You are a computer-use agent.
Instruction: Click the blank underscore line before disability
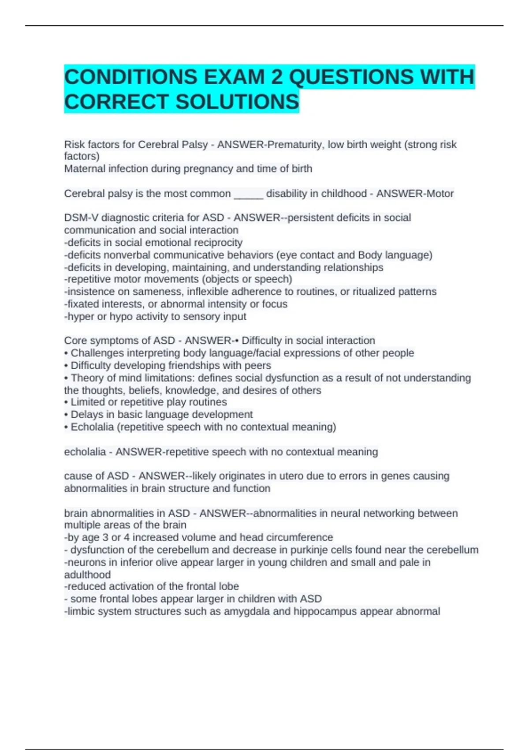[x=248, y=194]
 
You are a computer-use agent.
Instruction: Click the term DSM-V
[x=81, y=217]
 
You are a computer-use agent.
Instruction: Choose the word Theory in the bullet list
[x=86, y=378]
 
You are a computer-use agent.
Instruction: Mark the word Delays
[x=86, y=415]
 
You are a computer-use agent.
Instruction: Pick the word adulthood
[x=87, y=574]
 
